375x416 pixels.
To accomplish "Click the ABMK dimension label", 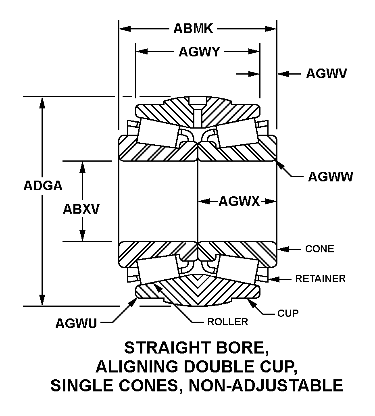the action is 193,29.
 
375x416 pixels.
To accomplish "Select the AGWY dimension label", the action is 199,52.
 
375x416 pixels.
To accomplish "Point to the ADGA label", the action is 43,185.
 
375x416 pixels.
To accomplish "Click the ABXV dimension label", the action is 81,209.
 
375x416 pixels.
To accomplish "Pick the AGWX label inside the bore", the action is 239,202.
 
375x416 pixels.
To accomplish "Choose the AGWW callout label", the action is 330,177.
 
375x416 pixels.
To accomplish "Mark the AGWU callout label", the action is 76,323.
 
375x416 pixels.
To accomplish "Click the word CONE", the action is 319,249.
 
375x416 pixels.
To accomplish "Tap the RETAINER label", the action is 320,279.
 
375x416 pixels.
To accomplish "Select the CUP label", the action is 287,313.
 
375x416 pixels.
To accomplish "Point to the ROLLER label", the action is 227,322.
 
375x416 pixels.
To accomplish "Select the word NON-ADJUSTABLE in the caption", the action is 266,385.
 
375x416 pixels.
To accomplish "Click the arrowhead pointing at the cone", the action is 282,249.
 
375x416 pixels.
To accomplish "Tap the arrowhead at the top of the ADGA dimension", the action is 42,102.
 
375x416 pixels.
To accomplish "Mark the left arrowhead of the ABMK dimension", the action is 125,29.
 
